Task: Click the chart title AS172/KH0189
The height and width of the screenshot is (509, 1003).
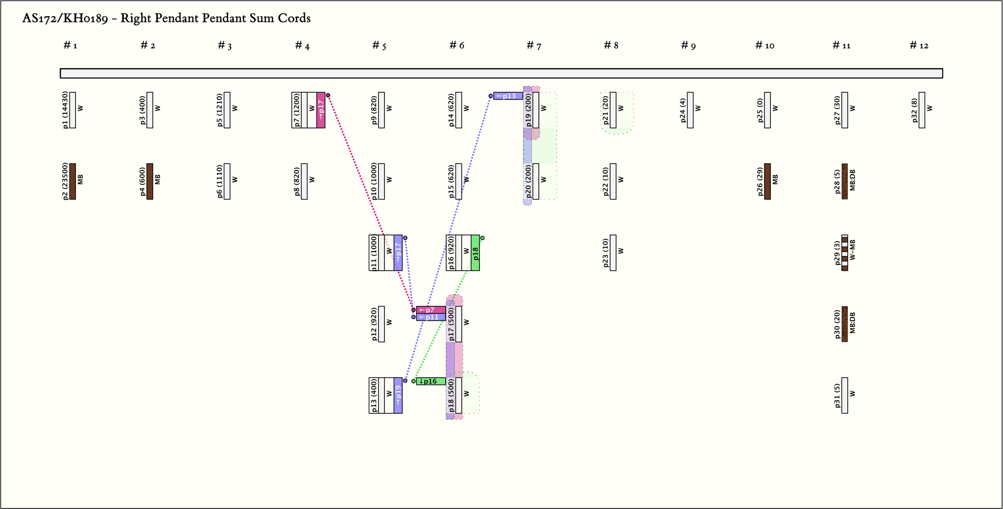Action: point(166,19)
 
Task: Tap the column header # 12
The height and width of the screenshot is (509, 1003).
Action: point(919,46)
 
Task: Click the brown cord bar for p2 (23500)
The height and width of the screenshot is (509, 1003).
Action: point(72,181)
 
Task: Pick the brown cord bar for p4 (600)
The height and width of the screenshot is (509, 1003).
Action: point(150,181)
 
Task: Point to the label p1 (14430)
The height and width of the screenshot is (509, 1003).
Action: point(66,110)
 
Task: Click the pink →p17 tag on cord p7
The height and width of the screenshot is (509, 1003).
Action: point(321,110)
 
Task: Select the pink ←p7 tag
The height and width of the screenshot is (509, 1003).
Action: point(430,310)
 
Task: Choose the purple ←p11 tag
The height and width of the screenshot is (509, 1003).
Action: point(430,317)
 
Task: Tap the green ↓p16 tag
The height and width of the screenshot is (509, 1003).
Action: point(430,382)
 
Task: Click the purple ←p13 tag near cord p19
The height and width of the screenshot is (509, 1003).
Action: point(508,96)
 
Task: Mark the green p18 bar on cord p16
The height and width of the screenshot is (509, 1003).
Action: point(475,253)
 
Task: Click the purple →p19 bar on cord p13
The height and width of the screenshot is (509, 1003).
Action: point(398,395)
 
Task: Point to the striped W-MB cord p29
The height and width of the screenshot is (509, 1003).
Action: point(844,253)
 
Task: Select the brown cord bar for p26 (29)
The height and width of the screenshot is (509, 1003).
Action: point(767,181)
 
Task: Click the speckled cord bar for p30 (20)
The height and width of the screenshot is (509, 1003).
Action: point(844,324)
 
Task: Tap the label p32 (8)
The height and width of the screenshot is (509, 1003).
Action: point(914,110)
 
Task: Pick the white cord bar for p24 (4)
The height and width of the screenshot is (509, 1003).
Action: point(690,110)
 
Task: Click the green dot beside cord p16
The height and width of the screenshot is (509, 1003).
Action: point(482,238)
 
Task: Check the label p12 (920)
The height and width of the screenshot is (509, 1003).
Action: point(374,324)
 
